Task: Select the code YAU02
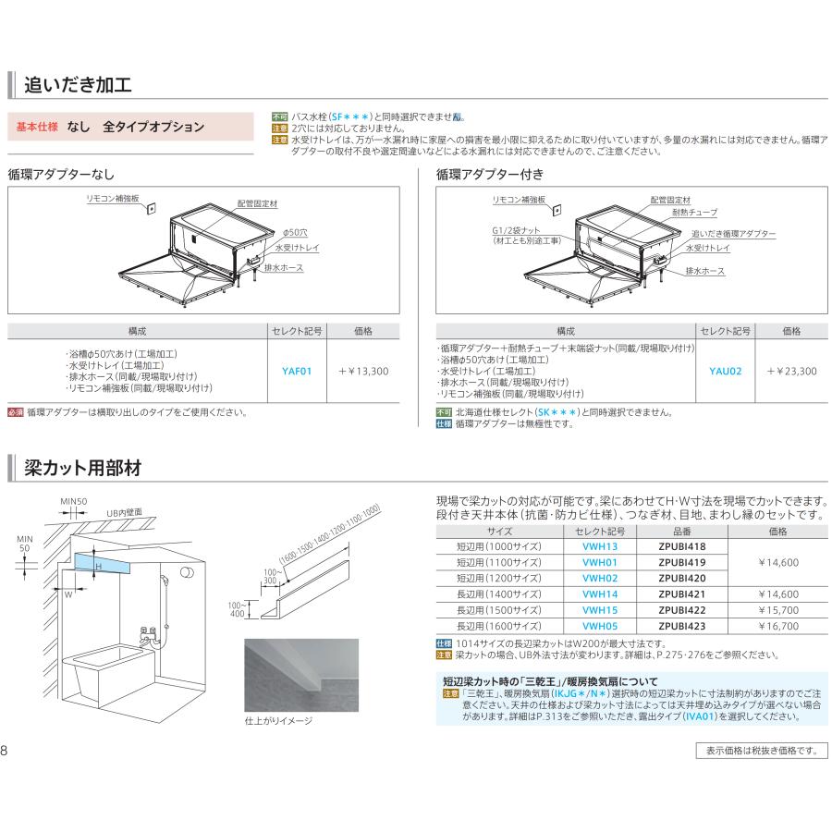(726, 371)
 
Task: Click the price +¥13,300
(362, 371)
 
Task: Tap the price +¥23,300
(791, 371)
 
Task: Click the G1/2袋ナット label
(517, 230)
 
